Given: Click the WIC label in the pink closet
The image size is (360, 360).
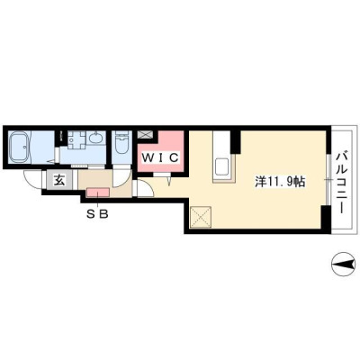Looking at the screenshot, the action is point(160,157).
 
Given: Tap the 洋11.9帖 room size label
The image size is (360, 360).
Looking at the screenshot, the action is point(280,182).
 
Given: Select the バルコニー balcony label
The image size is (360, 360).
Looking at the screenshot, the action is point(341,183).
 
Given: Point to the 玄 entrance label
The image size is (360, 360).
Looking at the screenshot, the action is point(59,180).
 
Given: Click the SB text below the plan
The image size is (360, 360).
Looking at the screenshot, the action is point(97,214).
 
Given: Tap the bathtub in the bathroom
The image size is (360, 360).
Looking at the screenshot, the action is point(19,148).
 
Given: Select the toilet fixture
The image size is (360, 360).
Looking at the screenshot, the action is point(121,143).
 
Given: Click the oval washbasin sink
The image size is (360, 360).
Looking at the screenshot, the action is point(96,139).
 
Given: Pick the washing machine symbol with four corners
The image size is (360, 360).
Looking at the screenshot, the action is point(76,139).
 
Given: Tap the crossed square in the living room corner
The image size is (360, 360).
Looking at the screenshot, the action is point(201,217).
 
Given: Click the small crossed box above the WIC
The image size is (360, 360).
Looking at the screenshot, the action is point(146,134).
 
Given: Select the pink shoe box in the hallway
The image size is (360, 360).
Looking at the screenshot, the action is point(98,193).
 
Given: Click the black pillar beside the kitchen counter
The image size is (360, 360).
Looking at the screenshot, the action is point(237,141).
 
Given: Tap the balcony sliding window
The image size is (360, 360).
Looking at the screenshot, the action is point(328,180).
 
